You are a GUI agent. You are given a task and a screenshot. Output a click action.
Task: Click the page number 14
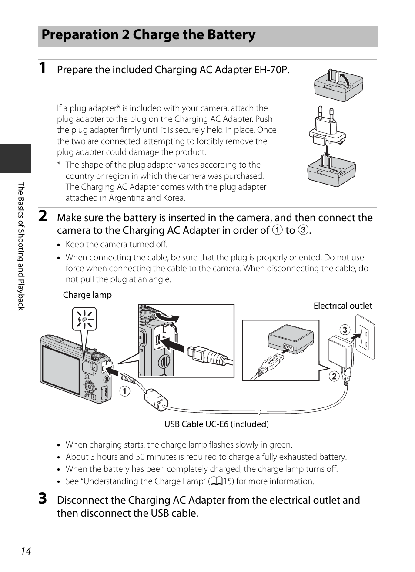(x=26, y=551)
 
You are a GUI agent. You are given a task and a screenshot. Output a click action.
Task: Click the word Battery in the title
(x=231, y=35)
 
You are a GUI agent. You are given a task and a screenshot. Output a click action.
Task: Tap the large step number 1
(x=42, y=68)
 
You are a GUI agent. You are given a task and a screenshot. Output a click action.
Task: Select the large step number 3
(x=43, y=499)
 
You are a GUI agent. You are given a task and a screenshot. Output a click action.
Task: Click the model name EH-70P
(x=272, y=70)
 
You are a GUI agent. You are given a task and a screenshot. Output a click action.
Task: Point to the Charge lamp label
(x=87, y=295)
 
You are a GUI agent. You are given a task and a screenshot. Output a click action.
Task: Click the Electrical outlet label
(x=343, y=306)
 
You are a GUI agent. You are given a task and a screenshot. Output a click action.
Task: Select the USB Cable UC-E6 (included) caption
(x=217, y=424)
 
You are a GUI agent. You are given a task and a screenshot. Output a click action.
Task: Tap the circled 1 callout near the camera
(x=125, y=391)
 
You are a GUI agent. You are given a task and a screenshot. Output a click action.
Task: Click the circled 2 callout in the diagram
(x=334, y=377)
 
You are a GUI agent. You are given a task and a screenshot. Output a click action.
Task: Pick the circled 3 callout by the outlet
(x=345, y=330)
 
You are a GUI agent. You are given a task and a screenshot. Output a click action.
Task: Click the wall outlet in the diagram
(x=365, y=336)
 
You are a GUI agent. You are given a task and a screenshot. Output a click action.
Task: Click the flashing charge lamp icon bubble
(x=84, y=319)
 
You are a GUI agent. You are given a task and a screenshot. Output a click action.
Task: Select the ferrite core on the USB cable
(x=156, y=399)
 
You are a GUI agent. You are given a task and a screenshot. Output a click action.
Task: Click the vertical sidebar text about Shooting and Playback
(x=21, y=246)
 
